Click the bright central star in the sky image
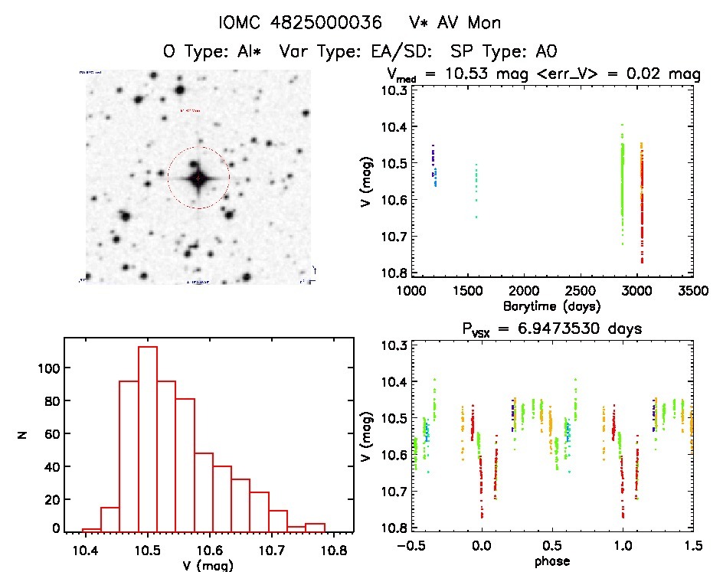coord(198,178)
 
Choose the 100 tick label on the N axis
coord(47,368)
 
